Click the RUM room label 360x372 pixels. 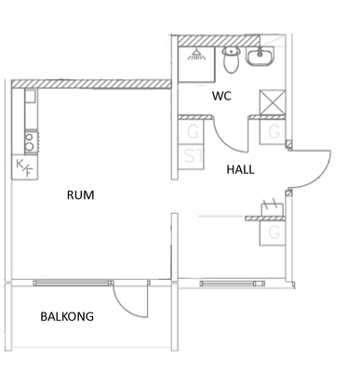[81, 195]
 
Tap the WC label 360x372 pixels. [221, 96]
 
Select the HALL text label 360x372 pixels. [241, 169]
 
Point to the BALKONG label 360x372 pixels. [67, 316]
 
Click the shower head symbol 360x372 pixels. [196, 55]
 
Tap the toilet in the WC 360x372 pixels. [232, 60]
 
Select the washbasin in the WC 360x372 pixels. [260, 56]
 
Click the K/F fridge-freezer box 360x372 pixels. [25, 167]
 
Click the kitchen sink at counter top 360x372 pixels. [31, 97]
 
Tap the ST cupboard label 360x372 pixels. [193, 156]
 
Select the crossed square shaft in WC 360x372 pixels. [273, 102]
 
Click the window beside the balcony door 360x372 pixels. [73, 283]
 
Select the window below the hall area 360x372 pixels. [233, 284]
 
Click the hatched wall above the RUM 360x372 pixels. [91, 84]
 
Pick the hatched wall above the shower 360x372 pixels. [219, 41]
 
